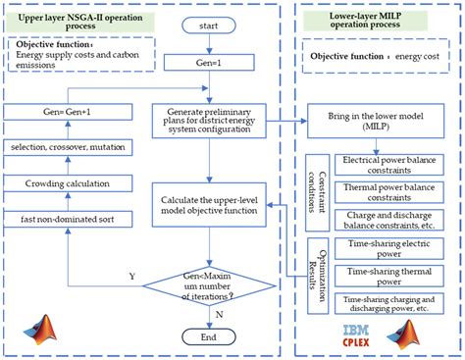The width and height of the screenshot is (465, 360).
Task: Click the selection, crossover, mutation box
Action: tap(61, 146)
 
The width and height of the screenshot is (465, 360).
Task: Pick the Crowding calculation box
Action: tap(61, 182)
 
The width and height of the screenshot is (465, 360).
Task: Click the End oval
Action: tap(209, 338)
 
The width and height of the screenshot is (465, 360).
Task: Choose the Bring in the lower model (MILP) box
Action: tap(378, 125)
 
